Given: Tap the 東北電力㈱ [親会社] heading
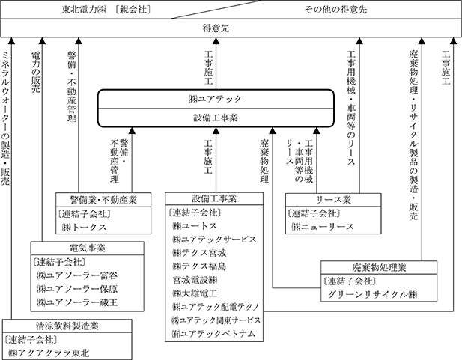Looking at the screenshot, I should pos(115,10).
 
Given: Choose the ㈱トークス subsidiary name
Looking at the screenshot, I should pos(85,227).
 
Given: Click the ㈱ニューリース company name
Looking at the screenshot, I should pos(323,227).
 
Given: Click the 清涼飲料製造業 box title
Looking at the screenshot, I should pos(58,325).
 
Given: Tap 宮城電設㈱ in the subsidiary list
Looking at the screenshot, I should pos(196,280).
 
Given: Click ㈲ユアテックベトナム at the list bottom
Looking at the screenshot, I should pos(213,333).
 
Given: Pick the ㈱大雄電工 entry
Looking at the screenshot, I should pos(196,293).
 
